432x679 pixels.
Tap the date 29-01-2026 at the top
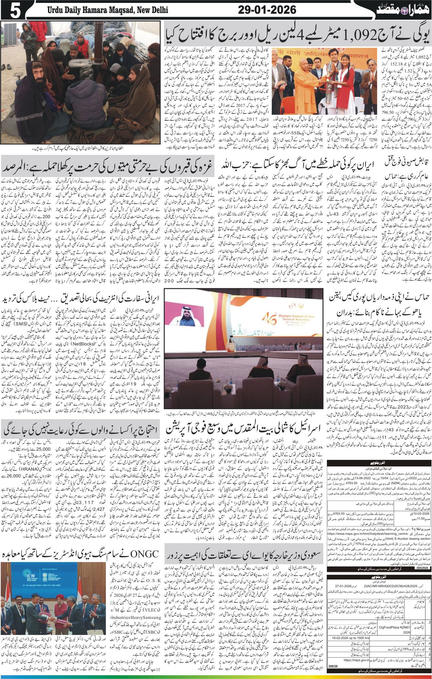pos(267,10)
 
